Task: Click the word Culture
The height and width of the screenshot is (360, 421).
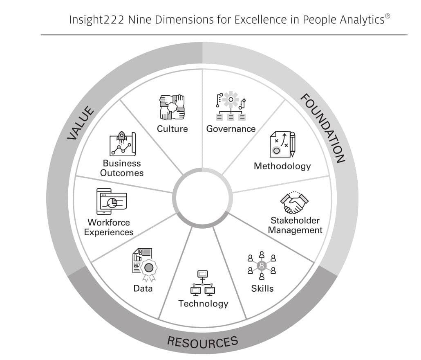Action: [172, 129]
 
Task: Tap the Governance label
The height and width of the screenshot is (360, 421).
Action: [231, 129]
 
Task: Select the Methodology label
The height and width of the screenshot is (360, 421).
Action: [282, 166]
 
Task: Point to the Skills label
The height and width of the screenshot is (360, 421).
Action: [262, 288]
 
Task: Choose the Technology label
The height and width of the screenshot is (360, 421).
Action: [203, 304]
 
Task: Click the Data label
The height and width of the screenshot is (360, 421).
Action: [143, 288]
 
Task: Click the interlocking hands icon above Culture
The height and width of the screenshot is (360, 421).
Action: [172, 107]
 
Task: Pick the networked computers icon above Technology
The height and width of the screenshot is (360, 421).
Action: [203, 283]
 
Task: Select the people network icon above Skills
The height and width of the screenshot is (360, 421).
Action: [262, 265]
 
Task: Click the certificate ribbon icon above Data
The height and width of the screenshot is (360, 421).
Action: [145, 265]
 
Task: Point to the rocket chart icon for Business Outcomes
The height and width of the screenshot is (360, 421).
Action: [123, 144]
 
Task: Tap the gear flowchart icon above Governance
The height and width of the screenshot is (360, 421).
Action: [231, 106]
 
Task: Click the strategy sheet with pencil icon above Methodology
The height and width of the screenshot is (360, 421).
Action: [282, 144]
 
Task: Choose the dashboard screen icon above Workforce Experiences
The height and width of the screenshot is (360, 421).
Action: [112, 202]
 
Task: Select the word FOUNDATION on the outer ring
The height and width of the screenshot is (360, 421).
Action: [322, 128]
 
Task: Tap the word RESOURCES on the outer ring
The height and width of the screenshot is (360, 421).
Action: [203, 342]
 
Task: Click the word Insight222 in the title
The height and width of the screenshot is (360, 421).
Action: [96, 20]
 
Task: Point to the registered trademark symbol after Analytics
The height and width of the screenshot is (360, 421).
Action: [387, 16]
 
